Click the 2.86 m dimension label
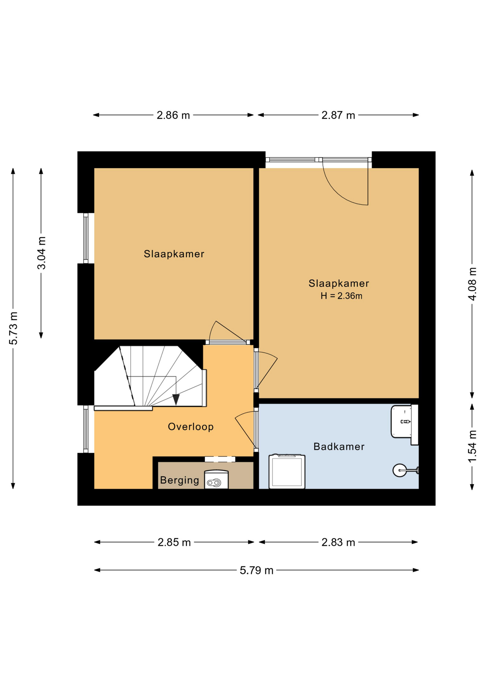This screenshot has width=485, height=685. tap(173, 115)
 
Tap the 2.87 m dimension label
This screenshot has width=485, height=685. tap(338, 115)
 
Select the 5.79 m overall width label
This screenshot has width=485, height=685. tap(256, 570)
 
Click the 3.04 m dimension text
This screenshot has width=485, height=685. tap(41, 253)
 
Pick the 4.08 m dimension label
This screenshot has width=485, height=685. tap(472, 284)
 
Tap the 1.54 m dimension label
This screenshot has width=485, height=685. tap(472, 447)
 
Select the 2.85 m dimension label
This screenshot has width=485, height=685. tap(174, 542)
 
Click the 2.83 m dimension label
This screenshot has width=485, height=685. tap(338, 542)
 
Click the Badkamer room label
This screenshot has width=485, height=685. tap(339, 447)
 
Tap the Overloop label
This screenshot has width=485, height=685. tap(191, 427)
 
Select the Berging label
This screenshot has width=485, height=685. tap(179, 481)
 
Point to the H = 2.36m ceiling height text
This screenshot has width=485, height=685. tap(341, 296)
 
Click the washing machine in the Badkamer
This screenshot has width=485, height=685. tap(287, 471)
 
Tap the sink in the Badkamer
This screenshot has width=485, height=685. tap(404, 425)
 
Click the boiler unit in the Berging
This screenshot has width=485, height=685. tap(216, 479)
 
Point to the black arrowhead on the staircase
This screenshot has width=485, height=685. tap(176, 400)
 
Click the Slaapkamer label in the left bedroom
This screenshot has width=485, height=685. tap(174, 254)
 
